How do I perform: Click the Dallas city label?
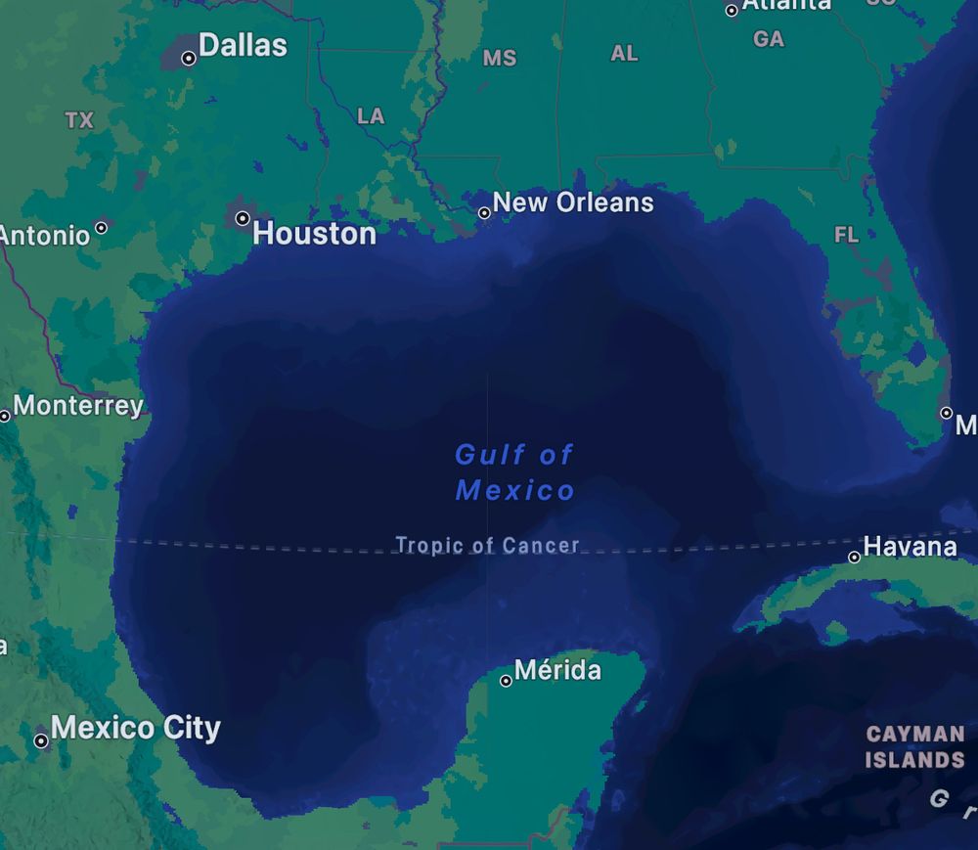[243, 45]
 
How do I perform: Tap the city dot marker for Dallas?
[189, 59]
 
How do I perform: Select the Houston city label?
[314, 233]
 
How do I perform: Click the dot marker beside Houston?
[243, 218]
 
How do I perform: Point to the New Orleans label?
[573, 202]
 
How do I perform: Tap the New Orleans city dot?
[484, 212]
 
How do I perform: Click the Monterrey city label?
[78, 405]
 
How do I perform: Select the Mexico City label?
[136, 728]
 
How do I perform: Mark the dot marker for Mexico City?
[41, 741]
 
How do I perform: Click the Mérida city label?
[557, 670]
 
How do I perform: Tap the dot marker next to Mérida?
[506, 681]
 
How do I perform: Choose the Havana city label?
[910, 546]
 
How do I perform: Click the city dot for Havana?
[854, 558]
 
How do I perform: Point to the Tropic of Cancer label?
[487, 545]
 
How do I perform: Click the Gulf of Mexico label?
[514, 471]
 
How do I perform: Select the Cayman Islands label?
[915, 746]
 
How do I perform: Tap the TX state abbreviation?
[79, 120]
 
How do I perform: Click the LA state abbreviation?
[371, 116]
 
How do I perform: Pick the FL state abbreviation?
[846, 235]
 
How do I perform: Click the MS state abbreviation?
[500, 59]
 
